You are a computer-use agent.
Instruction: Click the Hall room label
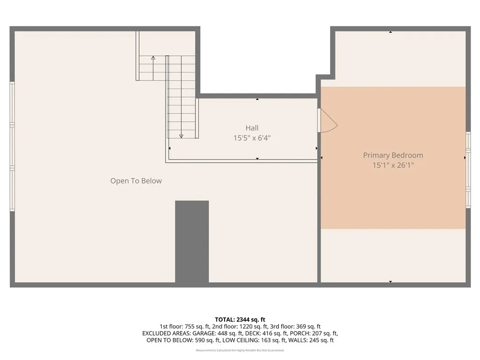[x=252, y=128]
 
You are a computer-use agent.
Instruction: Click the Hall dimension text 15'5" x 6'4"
[x=252, y=138]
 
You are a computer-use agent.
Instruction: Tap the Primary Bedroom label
[x=393, y=155]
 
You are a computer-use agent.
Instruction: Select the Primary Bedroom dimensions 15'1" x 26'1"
[x=393, y=165]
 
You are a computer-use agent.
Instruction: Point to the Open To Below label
[x=136, y=181]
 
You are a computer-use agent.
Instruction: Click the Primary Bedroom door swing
[x=328, y=121]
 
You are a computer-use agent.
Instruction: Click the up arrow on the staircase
[x=153, y=58]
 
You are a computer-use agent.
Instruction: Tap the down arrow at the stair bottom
[x=181, y=136]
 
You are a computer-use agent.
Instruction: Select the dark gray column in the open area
[x=192, y=241]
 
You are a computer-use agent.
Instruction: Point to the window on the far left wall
[x=12, y=146]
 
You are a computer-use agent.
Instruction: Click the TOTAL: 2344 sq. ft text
[x=240, y=320]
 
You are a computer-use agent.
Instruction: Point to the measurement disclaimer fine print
[x=240, y=350]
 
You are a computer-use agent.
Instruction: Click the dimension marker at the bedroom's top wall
[x=390, y=32]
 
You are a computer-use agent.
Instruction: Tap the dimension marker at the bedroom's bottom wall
[x=390, y=282]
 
